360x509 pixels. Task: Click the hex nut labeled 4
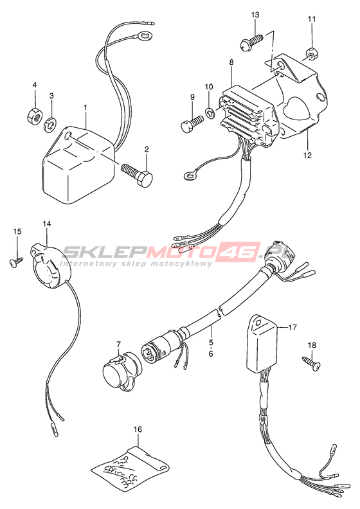[x=34, y=115]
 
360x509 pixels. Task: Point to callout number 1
[x=85, y=107]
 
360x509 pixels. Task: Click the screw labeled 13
[x=251, y=42]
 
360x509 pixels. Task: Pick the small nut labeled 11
[x=312, y=54]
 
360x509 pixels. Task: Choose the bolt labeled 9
[x=192, y=125]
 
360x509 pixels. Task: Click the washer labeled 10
[x=210, y=112]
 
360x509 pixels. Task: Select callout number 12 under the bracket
[x=307, y=155]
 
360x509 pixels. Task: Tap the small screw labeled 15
[x=17, y=263]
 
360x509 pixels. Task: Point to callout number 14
[x=47, y=224]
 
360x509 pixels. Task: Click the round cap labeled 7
[x=120, y=371]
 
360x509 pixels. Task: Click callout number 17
[x=292, y=328]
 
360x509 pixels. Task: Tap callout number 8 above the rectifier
[x=231, y=62]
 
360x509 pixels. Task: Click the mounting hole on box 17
[x=268, y=323]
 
